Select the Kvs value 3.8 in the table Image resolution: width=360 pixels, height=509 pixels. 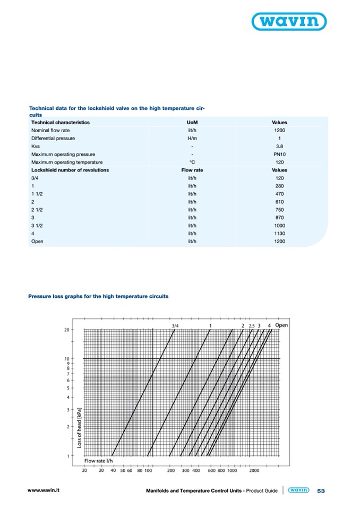[280, 146]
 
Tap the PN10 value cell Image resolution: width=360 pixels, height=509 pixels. [280, 154]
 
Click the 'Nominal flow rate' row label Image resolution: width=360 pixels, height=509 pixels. [50, 130]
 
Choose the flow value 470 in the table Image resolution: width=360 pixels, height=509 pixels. [280, 194]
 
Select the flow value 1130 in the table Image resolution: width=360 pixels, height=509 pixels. [280, 234]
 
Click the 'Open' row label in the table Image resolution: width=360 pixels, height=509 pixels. [37, 241]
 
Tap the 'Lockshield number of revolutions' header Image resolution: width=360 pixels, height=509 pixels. [70, 170]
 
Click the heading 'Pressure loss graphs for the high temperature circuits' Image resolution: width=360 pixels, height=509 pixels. [98, 296]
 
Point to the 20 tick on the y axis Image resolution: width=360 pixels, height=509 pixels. [67, 330]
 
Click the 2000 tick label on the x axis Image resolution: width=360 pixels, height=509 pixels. [254, 470]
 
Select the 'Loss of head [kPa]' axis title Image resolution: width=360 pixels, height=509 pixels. [79, 428]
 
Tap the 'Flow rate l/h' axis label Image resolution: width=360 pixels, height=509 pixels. [99, 461]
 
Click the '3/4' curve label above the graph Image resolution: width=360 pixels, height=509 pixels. [176, 325]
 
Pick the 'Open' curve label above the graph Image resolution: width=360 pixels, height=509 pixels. [281, 325]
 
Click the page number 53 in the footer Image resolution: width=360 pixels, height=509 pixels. [321, 491]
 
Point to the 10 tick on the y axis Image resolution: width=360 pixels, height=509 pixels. [67, 359]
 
